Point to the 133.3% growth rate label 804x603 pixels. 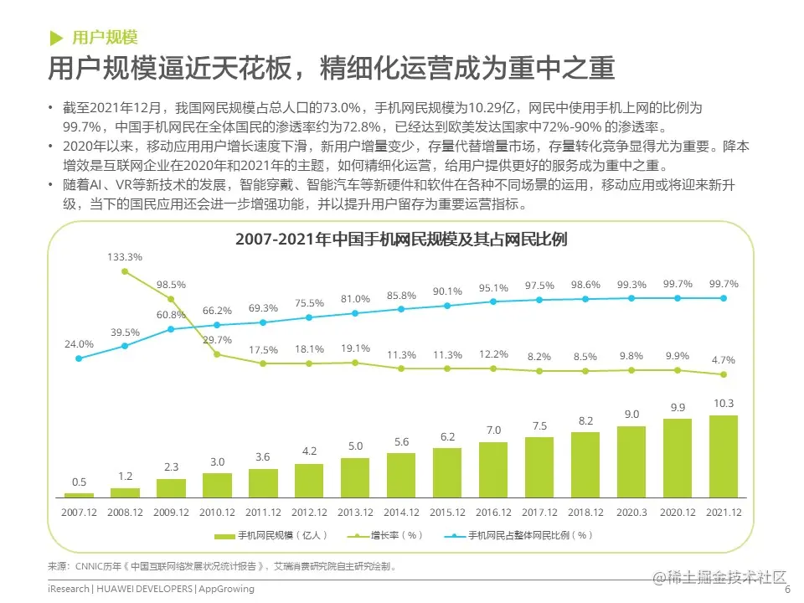[x=125, y=257]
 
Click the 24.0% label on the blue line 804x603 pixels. [x=80, y=343]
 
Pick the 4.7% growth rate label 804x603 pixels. [x=723, y=360]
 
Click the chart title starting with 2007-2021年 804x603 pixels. [x=401, y=240]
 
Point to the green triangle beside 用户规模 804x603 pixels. [x=56, y=38]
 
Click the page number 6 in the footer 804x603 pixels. [x=787, y=589]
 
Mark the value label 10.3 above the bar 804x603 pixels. [x=723, y=404]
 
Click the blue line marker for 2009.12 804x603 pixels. [x=171, y=328]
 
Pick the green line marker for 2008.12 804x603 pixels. [x=125, y=271]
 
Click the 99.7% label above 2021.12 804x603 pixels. [x=723, y=284]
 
